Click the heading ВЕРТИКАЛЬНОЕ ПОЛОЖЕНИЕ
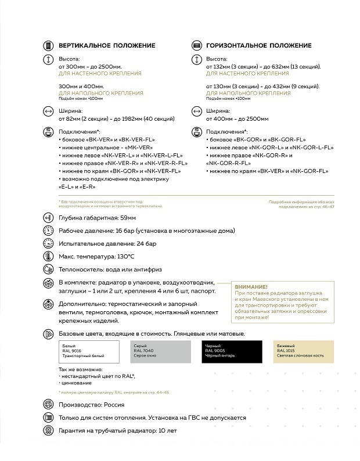106,46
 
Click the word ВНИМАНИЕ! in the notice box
251,287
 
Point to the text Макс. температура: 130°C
96,256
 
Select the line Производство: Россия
91,405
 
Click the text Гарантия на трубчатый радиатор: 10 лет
117,431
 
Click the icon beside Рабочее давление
49,230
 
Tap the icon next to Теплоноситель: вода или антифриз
49,269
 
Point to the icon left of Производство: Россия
49,405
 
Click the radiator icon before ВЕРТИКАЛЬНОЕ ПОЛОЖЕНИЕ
49,46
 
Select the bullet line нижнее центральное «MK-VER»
98,148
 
